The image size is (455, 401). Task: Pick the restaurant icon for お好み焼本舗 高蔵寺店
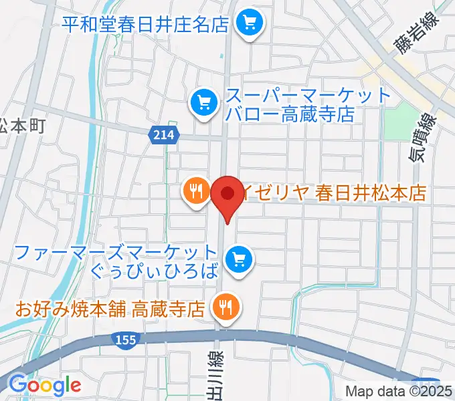click(x=223, y=307)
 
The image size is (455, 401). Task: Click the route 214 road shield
click(x=163, y=135)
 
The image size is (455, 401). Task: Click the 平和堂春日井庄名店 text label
click(x=146, y=25)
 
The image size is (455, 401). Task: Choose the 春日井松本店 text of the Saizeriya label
click(x=372, y=193)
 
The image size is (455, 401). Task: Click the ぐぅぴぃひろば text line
click(x=154, y=271)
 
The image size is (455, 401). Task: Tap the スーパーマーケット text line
click(x=308, y=95)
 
